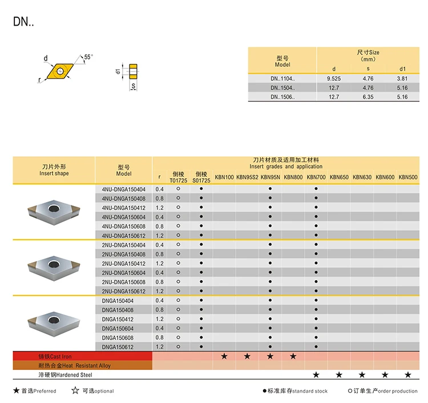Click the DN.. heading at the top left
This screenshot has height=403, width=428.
point(23,22)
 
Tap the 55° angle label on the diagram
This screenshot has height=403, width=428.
point(88,57)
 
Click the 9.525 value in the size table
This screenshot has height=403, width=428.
point(334,79)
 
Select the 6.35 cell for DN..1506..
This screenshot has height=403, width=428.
point(368,97)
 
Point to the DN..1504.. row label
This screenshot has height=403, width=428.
point(282,88)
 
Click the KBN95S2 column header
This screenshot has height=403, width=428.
point(247,177)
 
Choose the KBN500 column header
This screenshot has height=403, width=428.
point(408,177)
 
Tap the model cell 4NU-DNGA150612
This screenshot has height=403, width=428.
point(124,236)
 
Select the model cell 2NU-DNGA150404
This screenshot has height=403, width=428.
point(124,245)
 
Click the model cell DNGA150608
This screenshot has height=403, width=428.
point(118,338)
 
